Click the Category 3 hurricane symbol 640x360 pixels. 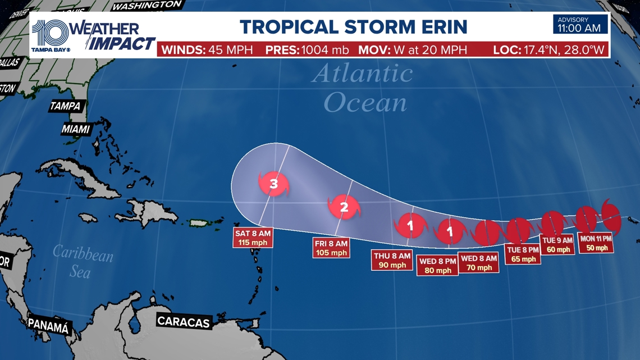[273, 184]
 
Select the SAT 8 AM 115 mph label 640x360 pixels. [253, 238]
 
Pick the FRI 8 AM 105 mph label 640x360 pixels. [331, 248]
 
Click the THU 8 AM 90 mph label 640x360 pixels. [391, 261]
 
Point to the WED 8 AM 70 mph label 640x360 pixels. [478, 262]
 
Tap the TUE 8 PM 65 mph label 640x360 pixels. [523, 254]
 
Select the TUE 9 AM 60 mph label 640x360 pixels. [557, 245]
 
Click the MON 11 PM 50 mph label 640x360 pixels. [596, 243]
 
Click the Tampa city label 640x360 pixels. [66, 106]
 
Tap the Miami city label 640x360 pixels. [76, 129]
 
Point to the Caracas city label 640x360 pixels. [184, 322]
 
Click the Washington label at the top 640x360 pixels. [147, 6]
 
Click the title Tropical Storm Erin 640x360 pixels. [354, 26]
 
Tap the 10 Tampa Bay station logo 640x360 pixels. [51, 35]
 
